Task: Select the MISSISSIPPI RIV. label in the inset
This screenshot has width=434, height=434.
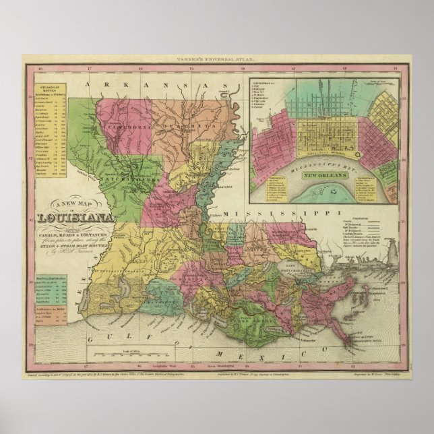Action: (x=317, y=162)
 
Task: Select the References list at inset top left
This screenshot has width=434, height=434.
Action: (x=266, y=95)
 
